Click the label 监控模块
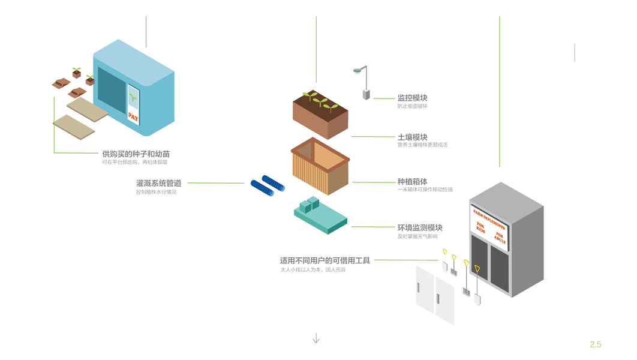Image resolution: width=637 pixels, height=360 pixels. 412,98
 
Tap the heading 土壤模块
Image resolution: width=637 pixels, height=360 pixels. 412,137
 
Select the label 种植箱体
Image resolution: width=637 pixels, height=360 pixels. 412,181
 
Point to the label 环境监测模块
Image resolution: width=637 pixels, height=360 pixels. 420,227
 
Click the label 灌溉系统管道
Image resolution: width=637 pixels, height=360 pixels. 158,183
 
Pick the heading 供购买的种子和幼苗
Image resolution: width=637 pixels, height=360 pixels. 136,154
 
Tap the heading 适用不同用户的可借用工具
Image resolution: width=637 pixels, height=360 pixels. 325,260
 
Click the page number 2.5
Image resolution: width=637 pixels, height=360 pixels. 595,344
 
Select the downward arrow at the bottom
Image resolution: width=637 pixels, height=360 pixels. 316,338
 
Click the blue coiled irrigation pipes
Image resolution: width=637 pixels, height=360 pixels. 267,185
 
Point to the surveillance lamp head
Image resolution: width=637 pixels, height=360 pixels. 358,70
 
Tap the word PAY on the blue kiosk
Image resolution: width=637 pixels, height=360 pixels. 133,118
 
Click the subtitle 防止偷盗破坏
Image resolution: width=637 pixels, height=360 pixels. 412,106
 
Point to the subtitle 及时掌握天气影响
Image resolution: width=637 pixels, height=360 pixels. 417,236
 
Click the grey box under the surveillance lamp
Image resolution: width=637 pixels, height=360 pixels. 365,94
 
